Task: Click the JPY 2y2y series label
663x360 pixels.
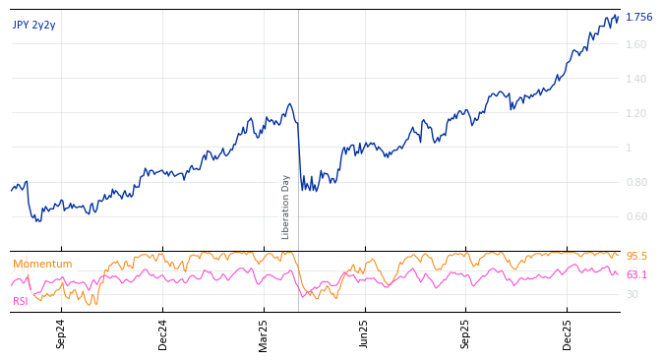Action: click(x=34, y=25)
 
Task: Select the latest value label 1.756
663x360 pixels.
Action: click(x=638, y=17)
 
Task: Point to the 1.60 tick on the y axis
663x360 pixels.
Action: click(x=636, y=44)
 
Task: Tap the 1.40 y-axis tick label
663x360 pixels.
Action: click(x=636, y=79)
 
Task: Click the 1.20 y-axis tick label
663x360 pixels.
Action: click(x=636, y=113)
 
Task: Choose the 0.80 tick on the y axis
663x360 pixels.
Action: click(x=636, y=182)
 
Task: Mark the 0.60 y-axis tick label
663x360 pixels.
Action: click(x=636, y=216)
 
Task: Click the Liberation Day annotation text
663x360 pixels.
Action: click(x=286, y=207)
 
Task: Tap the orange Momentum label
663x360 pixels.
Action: click(x=42, y=264)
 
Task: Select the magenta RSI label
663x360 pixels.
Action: click(x=21, y=301)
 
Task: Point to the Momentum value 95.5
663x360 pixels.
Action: click(x=636, y=256)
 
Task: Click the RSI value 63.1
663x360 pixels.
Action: click(x=636, y=274)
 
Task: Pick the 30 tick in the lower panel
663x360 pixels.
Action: click(x=632, y=294)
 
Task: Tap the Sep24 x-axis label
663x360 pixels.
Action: click(x=61, y=334)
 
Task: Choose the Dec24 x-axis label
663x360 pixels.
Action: click(x=163, y=334)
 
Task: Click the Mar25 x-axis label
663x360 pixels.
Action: click(x=264, y=334)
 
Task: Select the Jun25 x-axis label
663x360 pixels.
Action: click(x=364, y=334)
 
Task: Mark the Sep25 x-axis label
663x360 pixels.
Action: click(x=465, y=334)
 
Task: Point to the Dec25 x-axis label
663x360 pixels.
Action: click(x=567, y=334)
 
